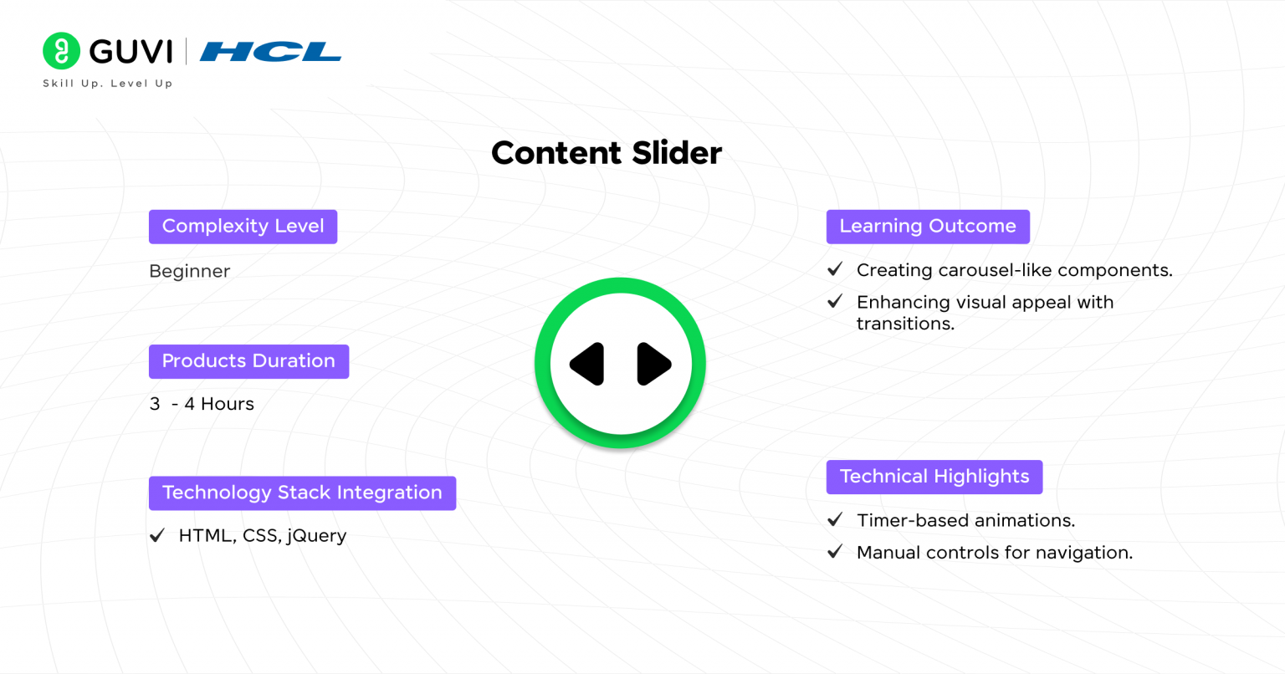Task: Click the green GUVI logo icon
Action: point(61,51)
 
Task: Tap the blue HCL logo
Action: point(270,52)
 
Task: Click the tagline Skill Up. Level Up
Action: point(108,84)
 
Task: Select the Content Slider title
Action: point(607,153)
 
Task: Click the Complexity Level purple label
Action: point(243,227)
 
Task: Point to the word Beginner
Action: point(189,272)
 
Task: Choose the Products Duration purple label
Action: point(248,361)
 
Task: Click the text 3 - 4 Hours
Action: point(202,404)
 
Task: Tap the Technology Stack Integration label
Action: point(302,493)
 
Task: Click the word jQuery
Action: point(316,536)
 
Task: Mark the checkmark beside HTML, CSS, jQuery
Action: point(157,536)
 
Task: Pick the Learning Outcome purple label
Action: point(928,227)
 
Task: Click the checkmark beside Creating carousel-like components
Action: point(835,269)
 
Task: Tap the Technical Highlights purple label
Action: point(934,477)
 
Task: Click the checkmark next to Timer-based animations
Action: point(835,520)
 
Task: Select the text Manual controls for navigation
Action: point(995,553)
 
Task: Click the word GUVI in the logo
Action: point(131,52)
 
